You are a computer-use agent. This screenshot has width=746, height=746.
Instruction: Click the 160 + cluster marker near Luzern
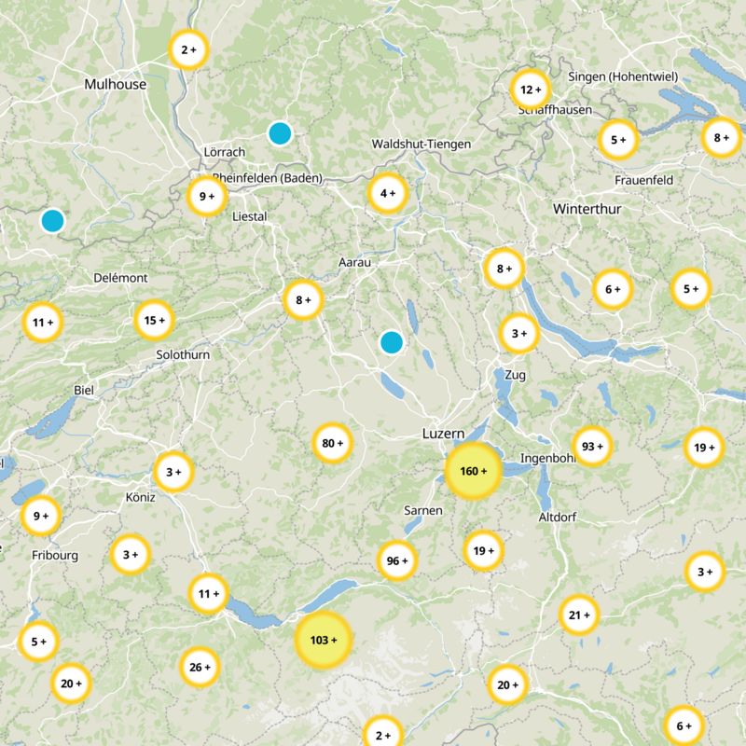474,471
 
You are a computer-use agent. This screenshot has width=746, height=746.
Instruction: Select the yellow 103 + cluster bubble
324,641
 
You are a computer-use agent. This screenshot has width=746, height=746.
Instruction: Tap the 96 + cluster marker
397,561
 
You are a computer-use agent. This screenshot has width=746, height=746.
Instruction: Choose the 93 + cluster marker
592,447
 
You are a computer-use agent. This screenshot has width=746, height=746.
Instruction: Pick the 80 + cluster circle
333,443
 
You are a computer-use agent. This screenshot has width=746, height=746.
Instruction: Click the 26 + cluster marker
200,667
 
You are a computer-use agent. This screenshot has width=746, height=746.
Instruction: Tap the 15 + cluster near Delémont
154,320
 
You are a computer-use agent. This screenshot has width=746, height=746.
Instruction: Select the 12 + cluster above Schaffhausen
532,90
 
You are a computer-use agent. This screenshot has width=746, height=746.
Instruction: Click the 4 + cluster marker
388,194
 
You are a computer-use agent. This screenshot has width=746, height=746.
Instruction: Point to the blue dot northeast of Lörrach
280,133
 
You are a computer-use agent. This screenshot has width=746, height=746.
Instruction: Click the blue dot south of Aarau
392,342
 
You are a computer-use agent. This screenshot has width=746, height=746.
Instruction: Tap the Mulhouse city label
116,84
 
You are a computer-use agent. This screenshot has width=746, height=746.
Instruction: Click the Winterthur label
587,209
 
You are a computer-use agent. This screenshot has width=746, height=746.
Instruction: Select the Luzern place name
444,435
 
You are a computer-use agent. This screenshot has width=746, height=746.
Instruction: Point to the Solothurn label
183,354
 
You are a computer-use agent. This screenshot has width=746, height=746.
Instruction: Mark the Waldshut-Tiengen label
421,145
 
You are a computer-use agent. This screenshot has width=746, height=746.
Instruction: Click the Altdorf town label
559,517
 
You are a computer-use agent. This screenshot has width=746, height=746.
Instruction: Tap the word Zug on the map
515,375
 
